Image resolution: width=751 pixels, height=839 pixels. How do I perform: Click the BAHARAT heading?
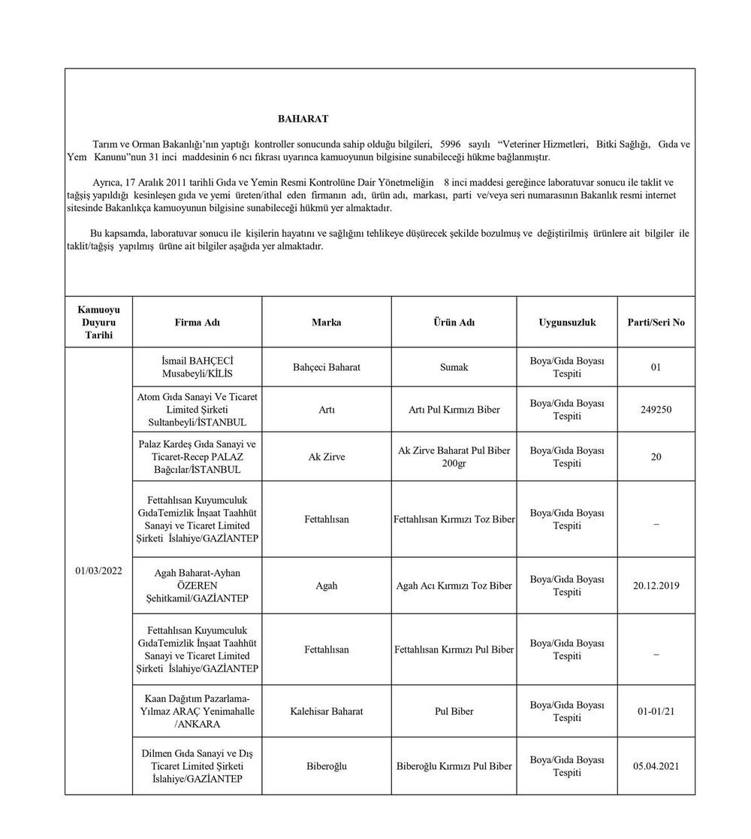tap(303, 119)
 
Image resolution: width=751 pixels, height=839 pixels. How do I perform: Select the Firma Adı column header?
tap(197, 323)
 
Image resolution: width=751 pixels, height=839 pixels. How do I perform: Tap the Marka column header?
tap(326, 323)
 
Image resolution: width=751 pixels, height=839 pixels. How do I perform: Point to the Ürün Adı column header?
tap(454, 323)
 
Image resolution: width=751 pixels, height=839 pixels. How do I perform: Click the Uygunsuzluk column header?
tap(567, 323)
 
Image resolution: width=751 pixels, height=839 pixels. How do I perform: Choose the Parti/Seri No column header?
tap(656, 323)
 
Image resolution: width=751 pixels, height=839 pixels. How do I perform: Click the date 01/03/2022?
tap(98, 571)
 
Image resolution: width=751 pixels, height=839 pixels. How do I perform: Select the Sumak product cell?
tap(454, 367)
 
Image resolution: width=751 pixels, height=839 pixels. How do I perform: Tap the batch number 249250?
tap(656, 410)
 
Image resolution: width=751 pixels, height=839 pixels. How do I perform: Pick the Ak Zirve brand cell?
tap(326, 456)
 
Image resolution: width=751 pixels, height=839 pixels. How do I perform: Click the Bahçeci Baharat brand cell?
tap(326, 367)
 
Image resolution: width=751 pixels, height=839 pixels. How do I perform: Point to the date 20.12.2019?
tap(656, 585)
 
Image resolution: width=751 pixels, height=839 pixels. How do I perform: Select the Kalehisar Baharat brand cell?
tap(326, 711)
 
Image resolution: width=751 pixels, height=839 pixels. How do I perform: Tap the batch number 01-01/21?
tap(656, 711)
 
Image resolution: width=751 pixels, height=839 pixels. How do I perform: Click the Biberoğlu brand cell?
tap(326, 766)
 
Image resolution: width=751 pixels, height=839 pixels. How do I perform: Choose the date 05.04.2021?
tap(656, 766)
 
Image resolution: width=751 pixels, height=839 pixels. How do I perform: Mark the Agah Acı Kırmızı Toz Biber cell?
tap(454, 585)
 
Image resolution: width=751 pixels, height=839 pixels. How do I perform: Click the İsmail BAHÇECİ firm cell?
tap(197, 367)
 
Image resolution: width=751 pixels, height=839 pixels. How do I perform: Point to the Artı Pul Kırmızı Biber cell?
tap(454, 410)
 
